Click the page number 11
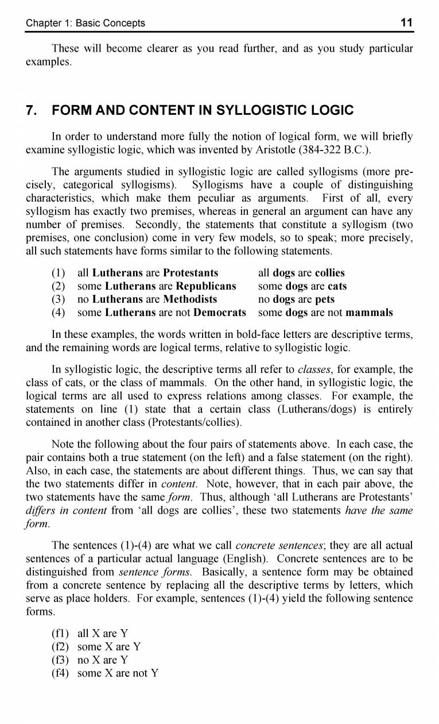406,23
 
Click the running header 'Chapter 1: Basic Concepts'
86,24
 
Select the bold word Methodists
190,299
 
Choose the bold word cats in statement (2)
337,286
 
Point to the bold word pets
325,299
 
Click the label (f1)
60,633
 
